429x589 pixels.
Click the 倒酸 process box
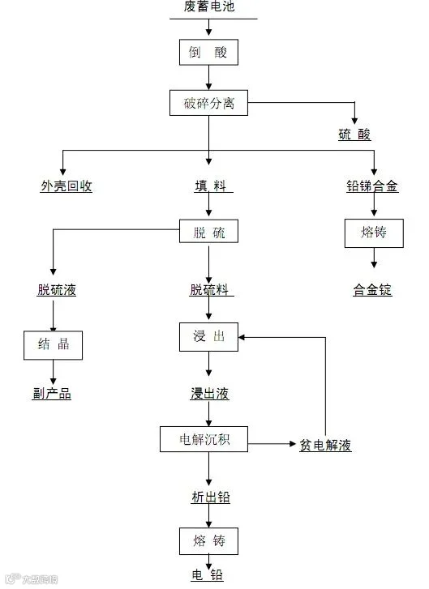coord(208,52)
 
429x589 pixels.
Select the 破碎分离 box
coord(208,103)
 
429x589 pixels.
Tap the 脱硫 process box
coord(208,231)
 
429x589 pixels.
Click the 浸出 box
coord(208,337)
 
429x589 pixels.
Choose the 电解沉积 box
coord(204,439)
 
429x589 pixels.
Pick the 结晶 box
coord(53,345)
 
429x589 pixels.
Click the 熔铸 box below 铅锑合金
coord(374,233)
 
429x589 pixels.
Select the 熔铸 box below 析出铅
coord(208,541)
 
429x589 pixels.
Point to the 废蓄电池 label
coord(209,6)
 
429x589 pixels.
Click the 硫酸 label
coord(354,134)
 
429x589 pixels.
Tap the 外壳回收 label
coord(66,186)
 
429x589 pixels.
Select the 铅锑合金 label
coord(372,186)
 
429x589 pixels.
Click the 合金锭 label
coord(372,289)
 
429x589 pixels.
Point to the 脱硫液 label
coord(57,289)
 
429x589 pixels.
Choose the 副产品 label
coord(52,393)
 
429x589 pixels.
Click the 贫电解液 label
coord(326,445)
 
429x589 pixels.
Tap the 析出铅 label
coord(211,497)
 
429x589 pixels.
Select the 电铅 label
coord(207,575)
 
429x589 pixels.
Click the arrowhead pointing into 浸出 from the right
coord(242,337)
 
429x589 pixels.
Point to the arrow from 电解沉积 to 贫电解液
coord(272,444)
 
